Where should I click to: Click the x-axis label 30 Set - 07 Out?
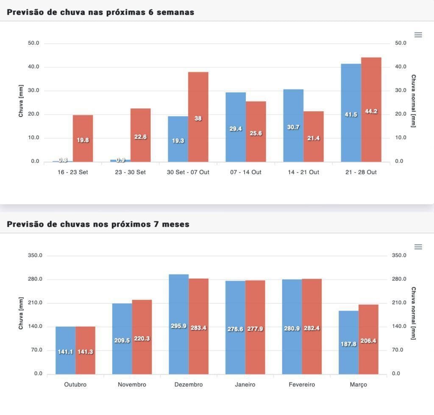tap(188, 173)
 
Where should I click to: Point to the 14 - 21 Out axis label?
tap(303, 173)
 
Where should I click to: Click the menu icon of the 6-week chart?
tap(418, 35)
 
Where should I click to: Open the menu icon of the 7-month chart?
tap(418, 247)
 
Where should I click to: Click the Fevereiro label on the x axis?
tap(301, 385)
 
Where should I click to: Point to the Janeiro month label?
tap(245, 385)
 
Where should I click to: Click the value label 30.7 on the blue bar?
tap(293, 127)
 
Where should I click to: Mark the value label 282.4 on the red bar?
tap(312, 328)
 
